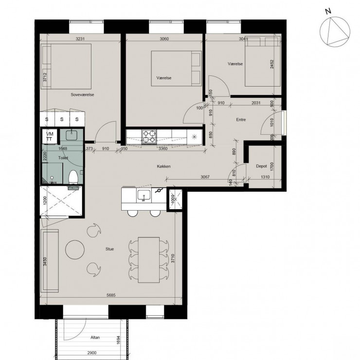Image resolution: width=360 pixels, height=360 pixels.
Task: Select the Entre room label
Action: (240, 119)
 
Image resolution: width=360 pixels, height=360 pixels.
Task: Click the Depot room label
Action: (261, 166)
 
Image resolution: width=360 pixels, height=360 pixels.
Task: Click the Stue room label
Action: (109, 249)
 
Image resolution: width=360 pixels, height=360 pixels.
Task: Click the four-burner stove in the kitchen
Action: (149, 136)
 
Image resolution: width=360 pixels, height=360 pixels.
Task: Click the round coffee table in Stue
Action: (76, 250)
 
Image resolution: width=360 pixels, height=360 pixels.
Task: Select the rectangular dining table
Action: (148, 260)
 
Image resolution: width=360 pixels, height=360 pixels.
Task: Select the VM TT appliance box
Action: (50, 136)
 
